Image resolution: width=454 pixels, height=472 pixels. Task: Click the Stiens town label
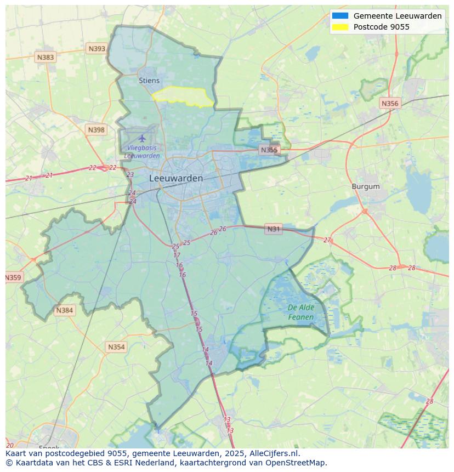pos(149,81)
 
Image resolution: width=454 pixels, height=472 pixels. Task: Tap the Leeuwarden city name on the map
pos(176,178)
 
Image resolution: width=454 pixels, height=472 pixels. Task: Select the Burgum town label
pos(365,186)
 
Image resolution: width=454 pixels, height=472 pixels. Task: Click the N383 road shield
pos(46,57)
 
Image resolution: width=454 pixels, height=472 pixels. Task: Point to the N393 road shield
pos(97,49)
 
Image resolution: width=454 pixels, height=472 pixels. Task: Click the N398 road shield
pos(95,130)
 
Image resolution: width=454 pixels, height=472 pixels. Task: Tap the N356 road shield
pos(390,103)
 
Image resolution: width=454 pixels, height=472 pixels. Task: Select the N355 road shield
pos(269,150)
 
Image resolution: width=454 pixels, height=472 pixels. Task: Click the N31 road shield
pos(273,229)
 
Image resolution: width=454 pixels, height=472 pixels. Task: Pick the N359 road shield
pos(13,277)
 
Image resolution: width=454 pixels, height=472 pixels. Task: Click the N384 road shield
pos(64,310)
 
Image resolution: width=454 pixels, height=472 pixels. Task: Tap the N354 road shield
pos(116,347)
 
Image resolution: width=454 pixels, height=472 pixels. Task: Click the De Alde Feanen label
pos(300,312)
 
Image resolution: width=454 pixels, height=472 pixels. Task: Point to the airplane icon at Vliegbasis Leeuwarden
pos(143,138)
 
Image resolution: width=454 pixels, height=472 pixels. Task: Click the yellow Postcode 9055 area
pos(184,96)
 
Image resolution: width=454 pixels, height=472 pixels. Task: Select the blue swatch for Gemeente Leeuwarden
pos(340,16)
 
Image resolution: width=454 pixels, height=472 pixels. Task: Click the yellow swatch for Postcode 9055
pos(340,27)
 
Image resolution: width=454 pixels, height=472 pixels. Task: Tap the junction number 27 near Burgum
pos(327,240)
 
